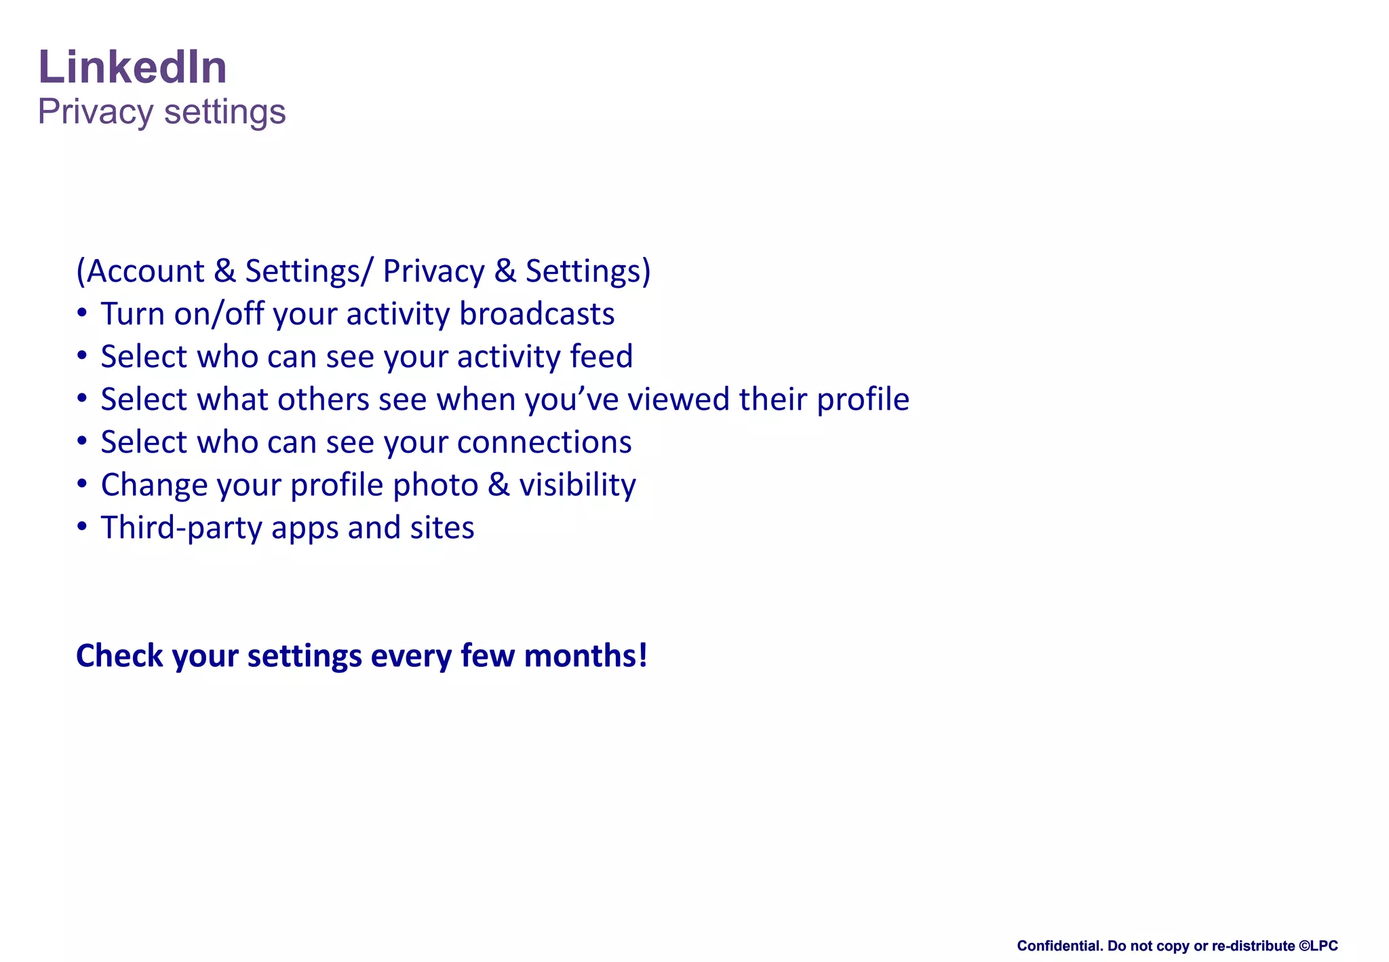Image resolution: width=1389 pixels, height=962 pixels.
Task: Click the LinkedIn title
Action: (132, 67)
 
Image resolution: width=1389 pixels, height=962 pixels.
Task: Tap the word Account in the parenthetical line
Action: (145, 271)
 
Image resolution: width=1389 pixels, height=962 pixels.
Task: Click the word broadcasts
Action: (536, 314)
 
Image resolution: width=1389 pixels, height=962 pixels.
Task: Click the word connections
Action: (544, 442)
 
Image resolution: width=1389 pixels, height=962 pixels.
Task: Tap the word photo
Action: (435, 485)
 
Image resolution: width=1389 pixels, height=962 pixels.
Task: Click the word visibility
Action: (577, 485)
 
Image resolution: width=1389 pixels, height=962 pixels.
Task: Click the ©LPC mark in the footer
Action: (1318, 946)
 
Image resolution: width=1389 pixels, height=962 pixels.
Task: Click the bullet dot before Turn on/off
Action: (82, 314)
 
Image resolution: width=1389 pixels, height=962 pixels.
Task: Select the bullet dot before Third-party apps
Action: (82, 527)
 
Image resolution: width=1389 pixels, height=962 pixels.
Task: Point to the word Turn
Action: (132, 314)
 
